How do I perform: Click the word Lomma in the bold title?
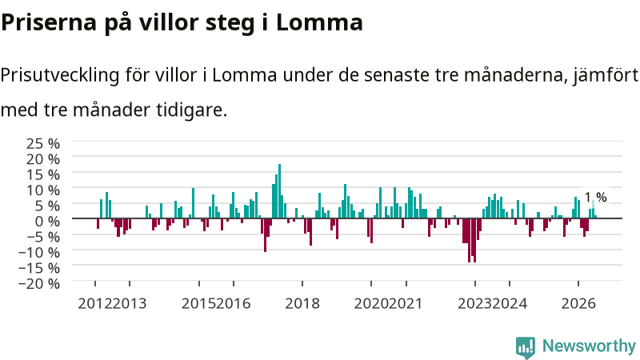(x=319, y=22)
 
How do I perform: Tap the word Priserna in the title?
(x=49, y=22)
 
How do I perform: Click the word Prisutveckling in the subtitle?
(x=60, y=75)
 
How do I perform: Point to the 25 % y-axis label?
(x=43, y=144)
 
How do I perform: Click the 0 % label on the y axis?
(x=47, y=222)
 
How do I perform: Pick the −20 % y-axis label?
(x=39, y=283)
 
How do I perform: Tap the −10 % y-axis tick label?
(x=39, y=252)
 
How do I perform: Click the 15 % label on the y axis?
(x=43, y=174)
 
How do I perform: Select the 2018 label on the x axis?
(x=302, y=304)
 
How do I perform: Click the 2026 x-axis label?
(x=578, y=304)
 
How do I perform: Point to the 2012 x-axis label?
(x=95, y=304)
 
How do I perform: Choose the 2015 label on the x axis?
(x=198, y=304)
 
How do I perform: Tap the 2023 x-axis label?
(x=475, y=304)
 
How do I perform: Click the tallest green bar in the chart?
(x=279, y=191)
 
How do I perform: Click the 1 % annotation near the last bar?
(x=595, y=197)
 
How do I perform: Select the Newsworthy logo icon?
(x=526, y=347)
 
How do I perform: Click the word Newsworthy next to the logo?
(x=589, y=346)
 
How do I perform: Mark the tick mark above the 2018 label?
(x=302, y=284)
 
